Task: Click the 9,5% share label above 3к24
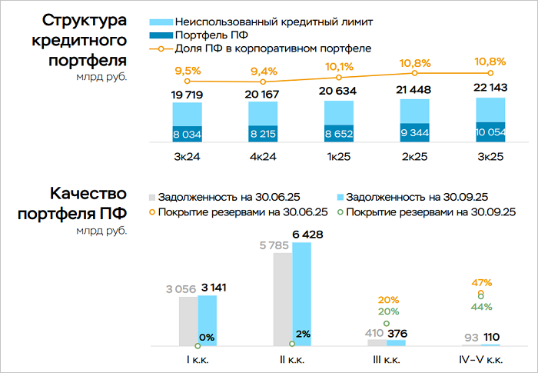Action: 188,72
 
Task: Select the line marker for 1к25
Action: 340,77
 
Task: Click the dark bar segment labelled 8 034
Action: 188,133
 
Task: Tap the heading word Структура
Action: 85,21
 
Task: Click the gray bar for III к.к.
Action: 377,342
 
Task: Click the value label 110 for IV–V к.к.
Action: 490,337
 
